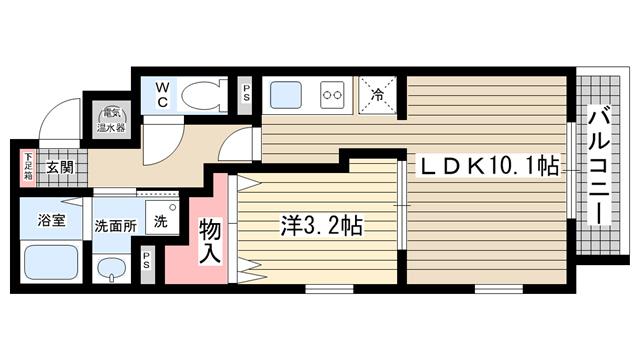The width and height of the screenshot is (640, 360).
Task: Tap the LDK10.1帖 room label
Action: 488,165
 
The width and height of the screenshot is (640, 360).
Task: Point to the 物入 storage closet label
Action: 210,244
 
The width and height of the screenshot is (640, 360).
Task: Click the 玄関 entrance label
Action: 58,167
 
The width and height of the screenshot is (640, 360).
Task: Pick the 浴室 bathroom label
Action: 52,221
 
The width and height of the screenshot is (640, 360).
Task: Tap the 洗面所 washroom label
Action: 115,224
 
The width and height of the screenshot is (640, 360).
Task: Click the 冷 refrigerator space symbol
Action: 377,96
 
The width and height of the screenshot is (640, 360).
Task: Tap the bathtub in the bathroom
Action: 53,262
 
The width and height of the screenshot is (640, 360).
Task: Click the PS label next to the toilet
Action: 246,97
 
